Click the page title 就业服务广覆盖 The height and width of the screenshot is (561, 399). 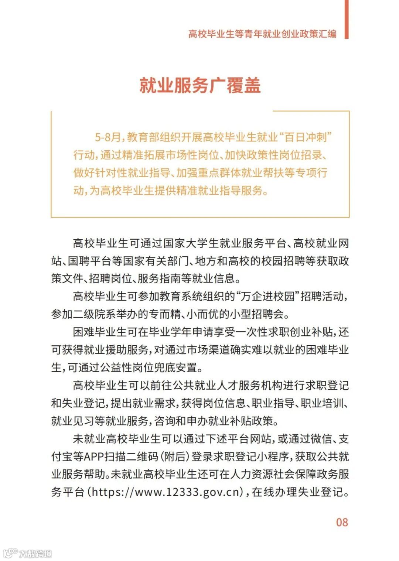click(200, 85)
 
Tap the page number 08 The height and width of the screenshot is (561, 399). click(342, 522)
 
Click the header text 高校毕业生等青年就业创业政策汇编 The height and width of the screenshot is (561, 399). click(262, 34)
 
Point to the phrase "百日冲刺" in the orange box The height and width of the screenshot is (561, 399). click(306, 138)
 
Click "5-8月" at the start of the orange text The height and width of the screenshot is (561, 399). click(108, 138)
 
